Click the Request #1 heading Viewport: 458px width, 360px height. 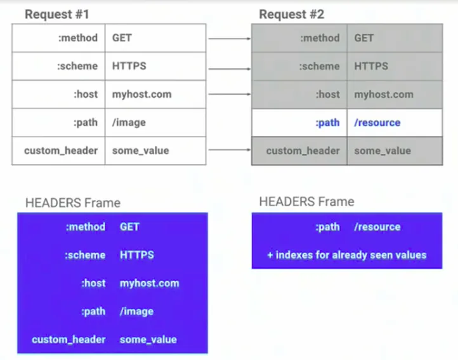[x=57, y=15]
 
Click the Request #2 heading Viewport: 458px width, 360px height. [x=292, y=15]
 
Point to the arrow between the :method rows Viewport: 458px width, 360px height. [x=230, y=38]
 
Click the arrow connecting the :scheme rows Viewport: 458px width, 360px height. [x=230, y=69]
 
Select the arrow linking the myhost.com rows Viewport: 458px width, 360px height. [x=230, y=94]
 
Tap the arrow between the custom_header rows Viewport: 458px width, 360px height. [x=230, y=150]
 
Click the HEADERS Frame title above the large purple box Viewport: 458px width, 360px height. [x=73, y=203]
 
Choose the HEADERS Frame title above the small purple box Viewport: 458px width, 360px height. [x=306, y=201]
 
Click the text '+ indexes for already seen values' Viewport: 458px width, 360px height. [x=347, y=255]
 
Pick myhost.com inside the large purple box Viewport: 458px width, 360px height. [x=150, y=283]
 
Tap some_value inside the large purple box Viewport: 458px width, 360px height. [x=148, y=340]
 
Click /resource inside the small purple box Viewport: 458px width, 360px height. [x=377, y=227]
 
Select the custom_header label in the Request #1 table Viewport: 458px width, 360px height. [x=61, y=150]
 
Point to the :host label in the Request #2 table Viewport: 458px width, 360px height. [x=328, y=95]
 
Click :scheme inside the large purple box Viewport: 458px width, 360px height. [x=85, y=255]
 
